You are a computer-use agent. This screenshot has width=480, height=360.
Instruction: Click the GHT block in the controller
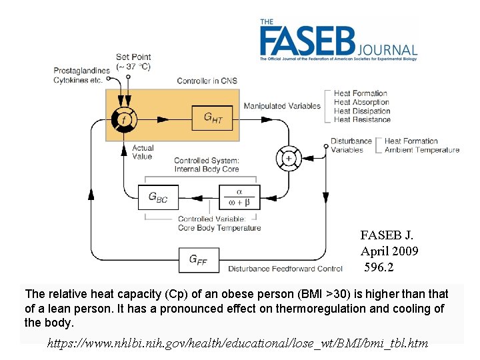213,119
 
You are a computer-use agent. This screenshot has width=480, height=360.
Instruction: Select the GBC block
158,197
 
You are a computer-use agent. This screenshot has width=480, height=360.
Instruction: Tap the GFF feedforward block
198,260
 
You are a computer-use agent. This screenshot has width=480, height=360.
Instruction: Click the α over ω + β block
239,197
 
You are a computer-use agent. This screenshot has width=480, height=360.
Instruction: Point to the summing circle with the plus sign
289,158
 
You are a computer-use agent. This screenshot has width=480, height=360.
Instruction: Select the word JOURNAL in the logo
388,50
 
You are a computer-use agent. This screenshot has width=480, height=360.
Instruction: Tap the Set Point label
133,57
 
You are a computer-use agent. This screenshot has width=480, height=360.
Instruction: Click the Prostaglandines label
82,71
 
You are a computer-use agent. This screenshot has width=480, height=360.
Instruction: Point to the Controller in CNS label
207,81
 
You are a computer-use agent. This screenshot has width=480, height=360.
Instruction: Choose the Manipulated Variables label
282,106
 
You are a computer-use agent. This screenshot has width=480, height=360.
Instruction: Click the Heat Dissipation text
362,111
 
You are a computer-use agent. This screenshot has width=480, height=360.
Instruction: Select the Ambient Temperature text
422,150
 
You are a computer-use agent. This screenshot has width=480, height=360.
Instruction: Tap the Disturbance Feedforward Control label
285,269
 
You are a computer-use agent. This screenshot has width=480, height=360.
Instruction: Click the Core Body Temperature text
219,228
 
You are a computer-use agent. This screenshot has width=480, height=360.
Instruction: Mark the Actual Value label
142,152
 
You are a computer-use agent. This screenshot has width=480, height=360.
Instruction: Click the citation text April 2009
389,251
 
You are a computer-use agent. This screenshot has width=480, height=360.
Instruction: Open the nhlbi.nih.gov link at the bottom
237,344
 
